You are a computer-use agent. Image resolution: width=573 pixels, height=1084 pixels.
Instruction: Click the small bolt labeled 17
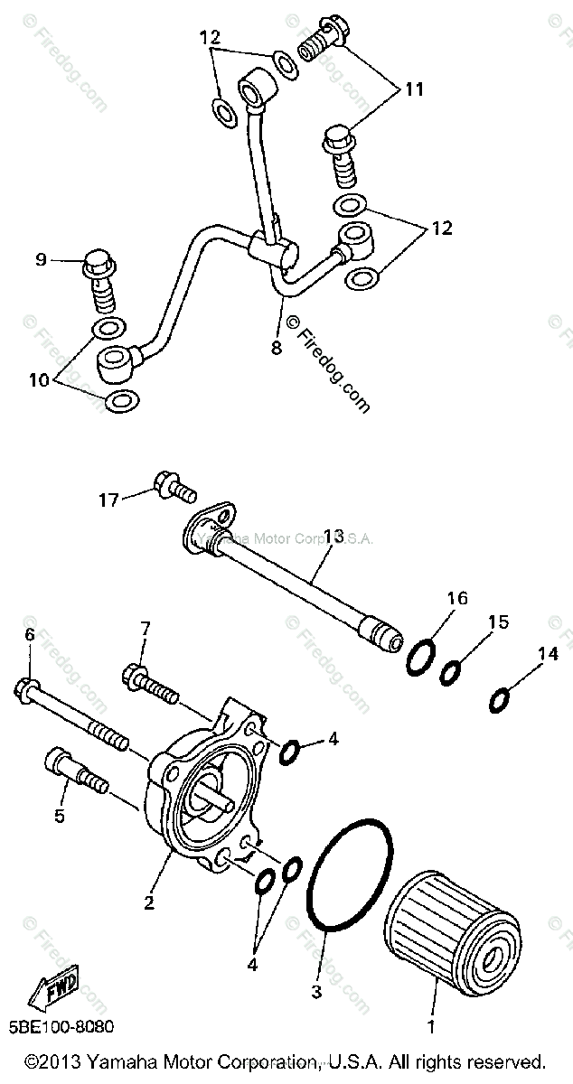point(173,487)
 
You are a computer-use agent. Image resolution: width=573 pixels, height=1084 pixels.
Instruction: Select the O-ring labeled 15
point(453,673)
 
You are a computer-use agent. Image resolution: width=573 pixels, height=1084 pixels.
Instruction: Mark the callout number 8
point(276,346)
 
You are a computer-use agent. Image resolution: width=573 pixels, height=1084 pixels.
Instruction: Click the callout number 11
point(413,90)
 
